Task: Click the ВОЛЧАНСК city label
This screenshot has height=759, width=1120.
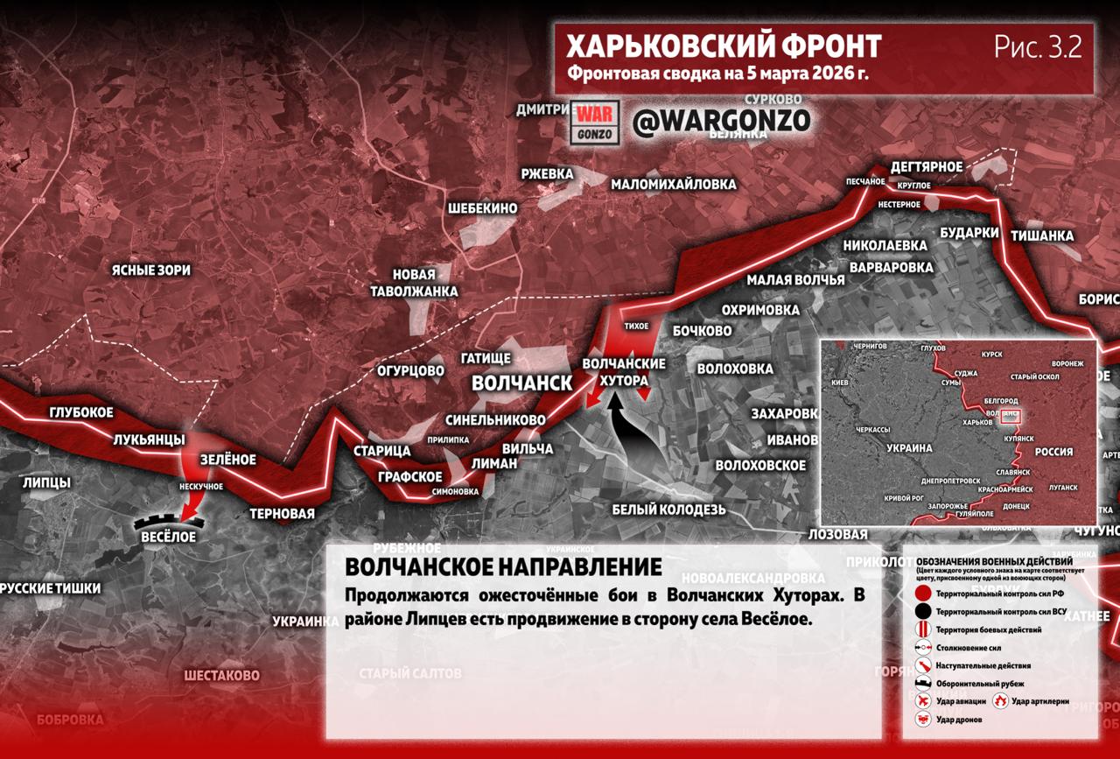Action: tap(521, 383)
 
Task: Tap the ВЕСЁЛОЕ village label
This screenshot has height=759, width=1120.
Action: tap(168, 537)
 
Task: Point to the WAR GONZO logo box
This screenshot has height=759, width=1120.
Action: tap(595, 122)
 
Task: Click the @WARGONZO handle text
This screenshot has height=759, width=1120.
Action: tap(721, 121)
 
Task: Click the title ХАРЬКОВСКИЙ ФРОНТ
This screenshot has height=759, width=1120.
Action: tap(723, 45)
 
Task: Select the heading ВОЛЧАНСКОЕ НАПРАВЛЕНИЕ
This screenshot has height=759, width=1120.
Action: tap(503, 566)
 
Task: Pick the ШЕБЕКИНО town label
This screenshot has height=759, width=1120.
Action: tap(482, 208)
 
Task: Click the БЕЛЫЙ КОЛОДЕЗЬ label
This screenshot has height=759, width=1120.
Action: tap(668, 510)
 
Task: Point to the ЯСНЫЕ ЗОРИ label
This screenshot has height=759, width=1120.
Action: tap(150, 271)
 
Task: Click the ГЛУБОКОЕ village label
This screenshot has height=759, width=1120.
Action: tap(81, 412)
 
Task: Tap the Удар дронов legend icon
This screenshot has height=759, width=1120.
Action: tap(921, 719)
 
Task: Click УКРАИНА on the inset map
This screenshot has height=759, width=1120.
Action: tap(910, 446)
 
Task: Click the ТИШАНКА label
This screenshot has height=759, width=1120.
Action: tap(1041, 235)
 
